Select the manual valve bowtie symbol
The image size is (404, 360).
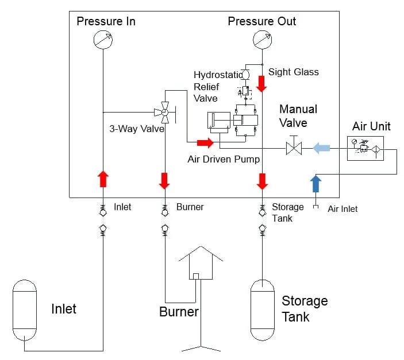(x=294, y=148)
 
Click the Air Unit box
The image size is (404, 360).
(x=366, y=148)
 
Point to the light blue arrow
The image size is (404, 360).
(x=321, y=148)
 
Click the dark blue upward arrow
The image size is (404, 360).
(x=315, y=184)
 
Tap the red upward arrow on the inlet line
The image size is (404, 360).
(x=102, y=179)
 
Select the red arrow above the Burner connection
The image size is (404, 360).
(x=164, y=180)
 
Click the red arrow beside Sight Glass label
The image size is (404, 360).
(x=262, y=83)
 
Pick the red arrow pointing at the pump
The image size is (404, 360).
(x=204, y=142)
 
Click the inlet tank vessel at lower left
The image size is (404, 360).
(x=25, y=310)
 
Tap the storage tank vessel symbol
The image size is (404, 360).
(x=262, y=311)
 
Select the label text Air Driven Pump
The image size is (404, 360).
(x=224, y=159)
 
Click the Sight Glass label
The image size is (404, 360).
(x=293, y=72)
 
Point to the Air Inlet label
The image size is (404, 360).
(x=343, y=209)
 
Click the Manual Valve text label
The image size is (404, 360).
(x=298, y=115)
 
